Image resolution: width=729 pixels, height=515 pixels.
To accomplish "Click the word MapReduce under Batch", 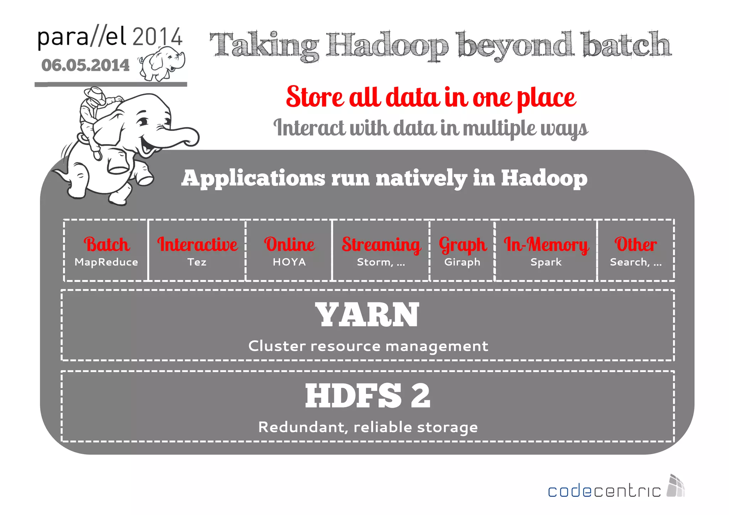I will pyautogui.click(x=106, y=262).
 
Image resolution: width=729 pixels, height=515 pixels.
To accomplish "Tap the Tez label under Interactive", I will pyautogui.click(x=197, y=262).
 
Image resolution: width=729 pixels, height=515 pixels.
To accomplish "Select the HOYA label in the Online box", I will pyautogui.click(x=289, y=262).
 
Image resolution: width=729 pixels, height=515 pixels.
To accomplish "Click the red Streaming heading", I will pyautogui.click(x=381, y=245).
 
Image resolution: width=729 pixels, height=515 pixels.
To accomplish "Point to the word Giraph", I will pyautogui.click(x=462, y=262).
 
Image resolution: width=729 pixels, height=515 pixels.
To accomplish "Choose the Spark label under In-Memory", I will pyautogui.click(x=546, y=262).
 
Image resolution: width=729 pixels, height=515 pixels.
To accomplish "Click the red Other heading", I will pyautogui.click(x=635, y=245).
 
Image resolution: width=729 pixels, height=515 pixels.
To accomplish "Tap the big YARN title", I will pyautogui.click(x=367, y=315).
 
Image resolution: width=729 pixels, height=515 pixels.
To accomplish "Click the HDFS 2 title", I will pyautogui.click(x=367, y=396).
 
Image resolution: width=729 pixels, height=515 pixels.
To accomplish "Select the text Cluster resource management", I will pyautogui.click(x=368, y=346).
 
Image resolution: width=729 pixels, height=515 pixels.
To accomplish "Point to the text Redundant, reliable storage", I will pyautogui.click(x=368, y=427).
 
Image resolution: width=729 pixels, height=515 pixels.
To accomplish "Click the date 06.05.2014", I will pyautogui.click(x=85, y=65).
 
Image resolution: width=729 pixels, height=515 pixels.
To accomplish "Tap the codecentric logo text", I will pyautogui.click(x=604, y=491).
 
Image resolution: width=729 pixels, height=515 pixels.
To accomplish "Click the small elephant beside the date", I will pyautogui.click(x=162, y=63).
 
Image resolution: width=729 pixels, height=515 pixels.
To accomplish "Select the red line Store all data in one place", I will pyautogui.click(x=431, y=97).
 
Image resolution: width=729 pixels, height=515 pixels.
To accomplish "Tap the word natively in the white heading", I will pyautogui.click(x=421, y=178).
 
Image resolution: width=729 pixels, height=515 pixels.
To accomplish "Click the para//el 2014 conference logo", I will pyautogui.click(x=110, y=37).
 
